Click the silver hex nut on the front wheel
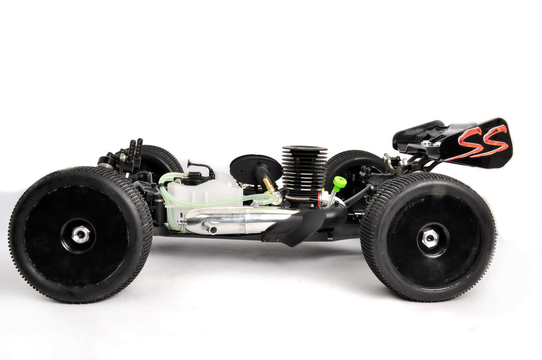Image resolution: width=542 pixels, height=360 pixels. (80, 234)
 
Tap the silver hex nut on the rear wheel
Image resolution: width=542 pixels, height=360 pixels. (429, 239)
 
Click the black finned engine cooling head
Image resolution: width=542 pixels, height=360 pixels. (304, 170)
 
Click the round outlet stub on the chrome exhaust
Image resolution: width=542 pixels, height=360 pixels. (209, 228)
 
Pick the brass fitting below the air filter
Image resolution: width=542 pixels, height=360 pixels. (269, 185)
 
